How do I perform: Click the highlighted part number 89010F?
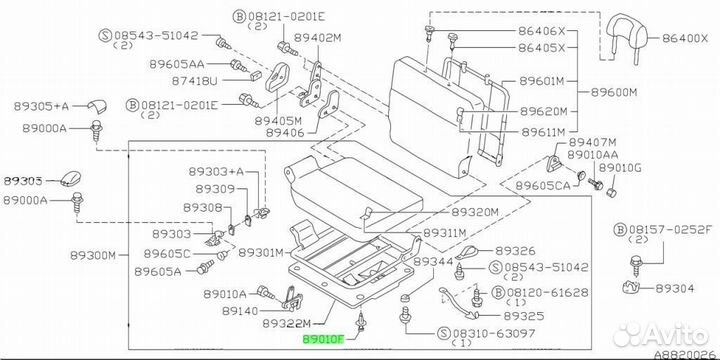point(322,339)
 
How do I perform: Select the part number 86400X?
point(686,39)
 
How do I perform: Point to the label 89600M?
point(614,92)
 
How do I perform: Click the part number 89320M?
point(475,212)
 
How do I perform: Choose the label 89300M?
point(93,255)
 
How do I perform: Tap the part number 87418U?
point(194,81)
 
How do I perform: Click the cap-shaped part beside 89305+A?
point(96,106)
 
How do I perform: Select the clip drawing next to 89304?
point(635,288)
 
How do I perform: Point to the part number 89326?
point(515,251)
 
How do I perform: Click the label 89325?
point(524,316)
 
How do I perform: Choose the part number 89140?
point(240,311)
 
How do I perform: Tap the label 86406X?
point(541,31)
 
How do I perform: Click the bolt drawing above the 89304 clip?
point(636,264)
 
